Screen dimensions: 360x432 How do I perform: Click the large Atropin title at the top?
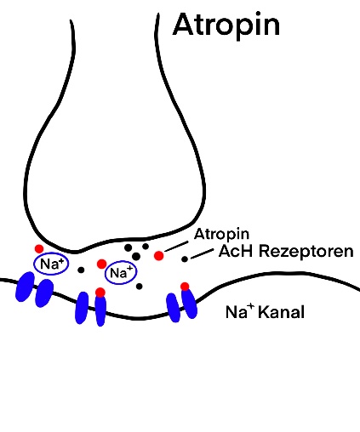tap(226, 26)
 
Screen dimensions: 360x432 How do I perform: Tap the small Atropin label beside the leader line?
tap(221, 234)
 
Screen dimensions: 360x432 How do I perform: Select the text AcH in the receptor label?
tap(236, 251)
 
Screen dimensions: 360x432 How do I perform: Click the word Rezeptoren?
tap(306, 252)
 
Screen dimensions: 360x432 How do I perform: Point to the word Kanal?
tap(282, 312)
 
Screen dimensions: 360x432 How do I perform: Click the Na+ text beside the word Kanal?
tap(240, 311)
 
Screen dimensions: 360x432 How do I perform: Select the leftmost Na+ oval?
tap(51, 264)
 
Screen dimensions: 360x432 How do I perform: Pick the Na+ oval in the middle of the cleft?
tap(121, 273)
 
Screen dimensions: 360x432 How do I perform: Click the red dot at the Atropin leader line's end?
tap(159, 256)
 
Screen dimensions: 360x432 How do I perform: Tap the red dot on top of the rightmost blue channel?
tap(185, 287)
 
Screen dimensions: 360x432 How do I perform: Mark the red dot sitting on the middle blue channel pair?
tap(100, 293)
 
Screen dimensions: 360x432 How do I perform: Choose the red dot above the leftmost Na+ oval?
tap(39, 249)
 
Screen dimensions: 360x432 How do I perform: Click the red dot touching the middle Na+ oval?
tap(101, 264)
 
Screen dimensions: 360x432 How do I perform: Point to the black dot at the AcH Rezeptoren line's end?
tap(185, 259)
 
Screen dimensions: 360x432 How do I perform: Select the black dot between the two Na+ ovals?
tap(81, 270)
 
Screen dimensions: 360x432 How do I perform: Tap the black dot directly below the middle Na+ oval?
tap(139, 287)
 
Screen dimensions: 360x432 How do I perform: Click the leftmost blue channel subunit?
tap(25, 287)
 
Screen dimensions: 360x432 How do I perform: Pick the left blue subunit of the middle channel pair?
tap(82, 308)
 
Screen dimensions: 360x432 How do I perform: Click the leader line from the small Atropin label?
tap(176, 247)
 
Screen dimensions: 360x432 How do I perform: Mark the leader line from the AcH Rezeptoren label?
tap(203, 253)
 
